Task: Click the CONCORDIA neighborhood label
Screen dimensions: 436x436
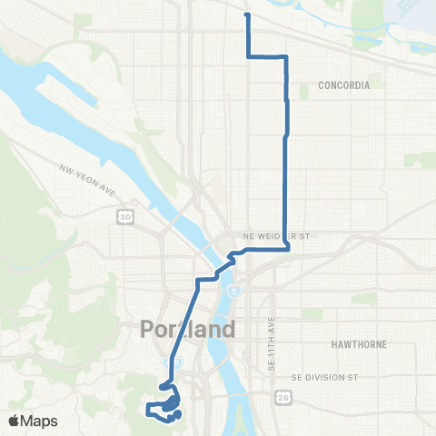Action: point(344,85)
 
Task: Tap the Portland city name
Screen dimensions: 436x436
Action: point(187,329)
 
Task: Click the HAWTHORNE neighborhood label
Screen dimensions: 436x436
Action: point(363,345)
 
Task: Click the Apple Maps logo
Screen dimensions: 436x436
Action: point(32,420)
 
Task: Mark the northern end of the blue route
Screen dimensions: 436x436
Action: point(247,15)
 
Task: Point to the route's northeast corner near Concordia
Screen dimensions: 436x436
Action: point(286,57)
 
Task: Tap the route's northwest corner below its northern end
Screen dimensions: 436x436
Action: point(248,56)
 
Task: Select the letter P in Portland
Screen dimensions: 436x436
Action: point(149,329)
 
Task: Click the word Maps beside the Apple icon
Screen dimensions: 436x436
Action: point(39,420)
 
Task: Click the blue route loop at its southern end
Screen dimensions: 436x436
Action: point(168,404)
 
